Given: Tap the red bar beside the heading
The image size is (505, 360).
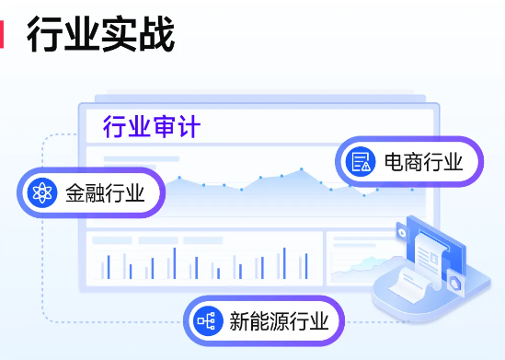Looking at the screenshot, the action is click(3, 34).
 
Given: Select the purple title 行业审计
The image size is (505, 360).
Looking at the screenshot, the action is click(151, 126).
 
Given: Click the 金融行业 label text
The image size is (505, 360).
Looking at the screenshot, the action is click(105, 193).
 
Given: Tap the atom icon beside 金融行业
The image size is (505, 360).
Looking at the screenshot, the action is click(40, 193).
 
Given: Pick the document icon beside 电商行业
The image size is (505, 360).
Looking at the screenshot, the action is click(360, 163).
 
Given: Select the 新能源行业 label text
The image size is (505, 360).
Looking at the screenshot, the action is click(278, 321).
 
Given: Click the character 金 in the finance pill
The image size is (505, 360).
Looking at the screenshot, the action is click(75, 193).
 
